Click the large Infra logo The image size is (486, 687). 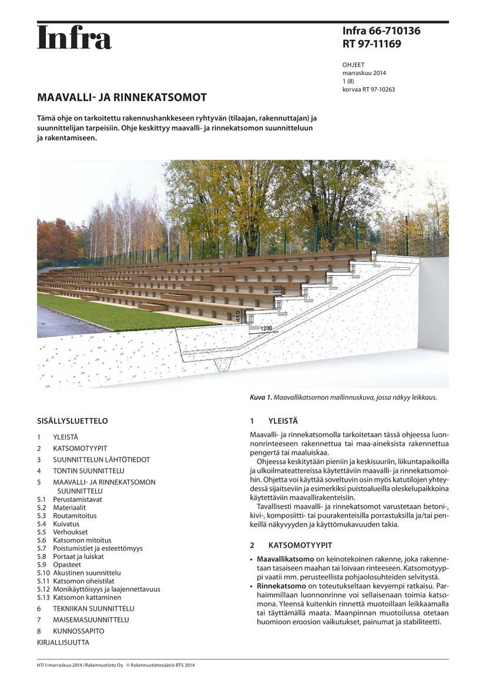[74, 38]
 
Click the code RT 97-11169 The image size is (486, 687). [372, 43]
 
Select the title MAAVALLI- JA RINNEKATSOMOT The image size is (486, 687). [122, 97]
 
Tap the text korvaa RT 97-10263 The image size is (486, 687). [368, 89]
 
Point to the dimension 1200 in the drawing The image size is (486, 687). [266, 329]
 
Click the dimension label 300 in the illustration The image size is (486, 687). [277, 288]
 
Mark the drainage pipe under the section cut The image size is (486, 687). [223, 366]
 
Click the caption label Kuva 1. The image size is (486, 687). [260, 398]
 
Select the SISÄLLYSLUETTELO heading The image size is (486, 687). [72, 421]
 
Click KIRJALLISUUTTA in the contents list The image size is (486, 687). [63, 642]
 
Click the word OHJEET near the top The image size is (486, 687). [353, 65]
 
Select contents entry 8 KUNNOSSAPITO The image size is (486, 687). [78, 631]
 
